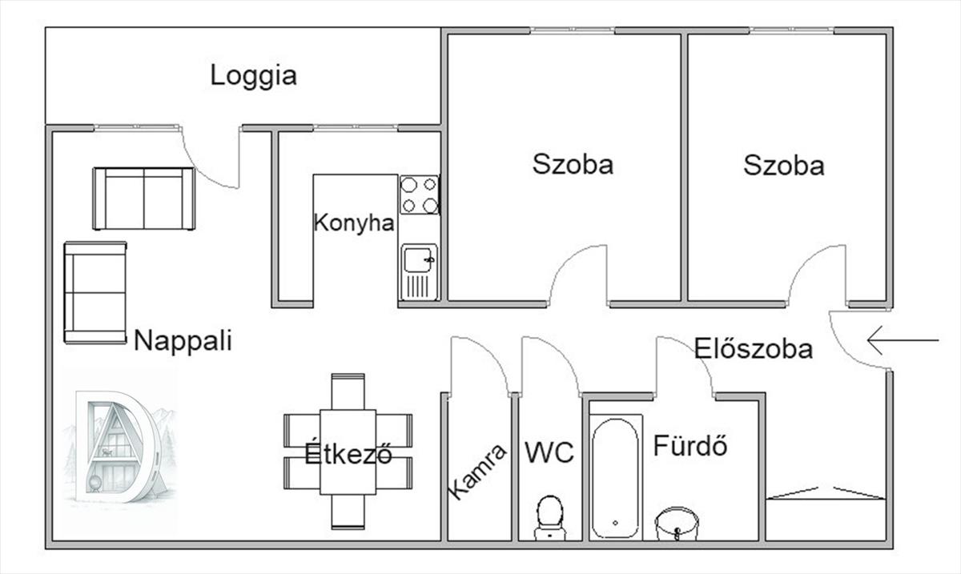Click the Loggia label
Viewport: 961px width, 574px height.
point(253,76)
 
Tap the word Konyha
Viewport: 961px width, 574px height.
point(353,223)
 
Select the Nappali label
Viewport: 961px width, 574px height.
point(183,341)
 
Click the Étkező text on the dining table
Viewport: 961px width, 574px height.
point(348,454)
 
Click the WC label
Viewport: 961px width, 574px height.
point(549,453)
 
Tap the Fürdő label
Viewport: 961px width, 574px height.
point(690,445)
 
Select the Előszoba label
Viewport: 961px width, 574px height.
point(753,349)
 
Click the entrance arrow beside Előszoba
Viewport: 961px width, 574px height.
point(902,340)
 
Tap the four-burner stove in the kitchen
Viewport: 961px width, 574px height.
point(420,195)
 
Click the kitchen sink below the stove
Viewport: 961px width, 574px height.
point(419,271)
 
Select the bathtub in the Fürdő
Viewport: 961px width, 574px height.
point(616,477)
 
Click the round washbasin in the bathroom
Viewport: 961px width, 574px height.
point(677,524)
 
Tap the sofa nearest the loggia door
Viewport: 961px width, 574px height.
point(143,199)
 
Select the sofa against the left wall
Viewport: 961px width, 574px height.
point(95,292)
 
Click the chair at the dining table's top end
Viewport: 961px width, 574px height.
point(348,391)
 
